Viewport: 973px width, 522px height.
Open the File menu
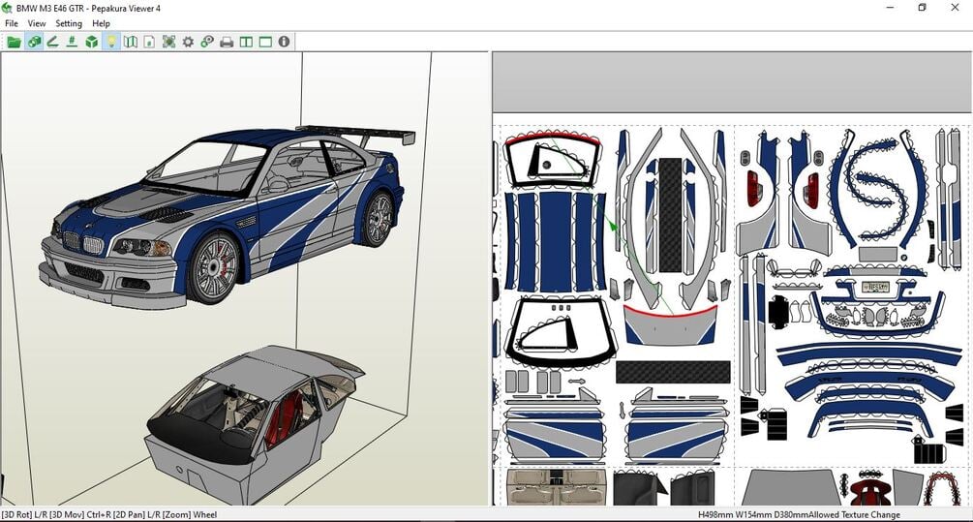[12, 23]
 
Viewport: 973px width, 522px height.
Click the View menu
[37, 23]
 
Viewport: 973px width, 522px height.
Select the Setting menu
[69, 23]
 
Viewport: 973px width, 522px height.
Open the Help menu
[101, 23]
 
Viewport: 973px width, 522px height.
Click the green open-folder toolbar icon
[14, 43]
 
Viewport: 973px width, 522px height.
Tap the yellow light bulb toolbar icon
[111, 43]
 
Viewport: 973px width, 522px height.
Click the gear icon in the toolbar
[188, 43]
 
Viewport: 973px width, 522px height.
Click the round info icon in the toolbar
[285, 42]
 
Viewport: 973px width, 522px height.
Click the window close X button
[955, 8]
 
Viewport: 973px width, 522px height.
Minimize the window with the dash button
[891, 8]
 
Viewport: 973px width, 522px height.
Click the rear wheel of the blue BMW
[378, 219]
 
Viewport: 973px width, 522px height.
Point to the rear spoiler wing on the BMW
[357, 133]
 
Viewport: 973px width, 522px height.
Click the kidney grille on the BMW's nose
[82, 243]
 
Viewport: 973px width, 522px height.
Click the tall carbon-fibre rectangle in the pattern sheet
[670, 215]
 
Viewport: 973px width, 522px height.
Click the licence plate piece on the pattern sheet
[875, 287]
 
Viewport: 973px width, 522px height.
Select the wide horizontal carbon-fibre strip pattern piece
[673, 373]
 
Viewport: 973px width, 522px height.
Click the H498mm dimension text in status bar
[715, 514]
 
